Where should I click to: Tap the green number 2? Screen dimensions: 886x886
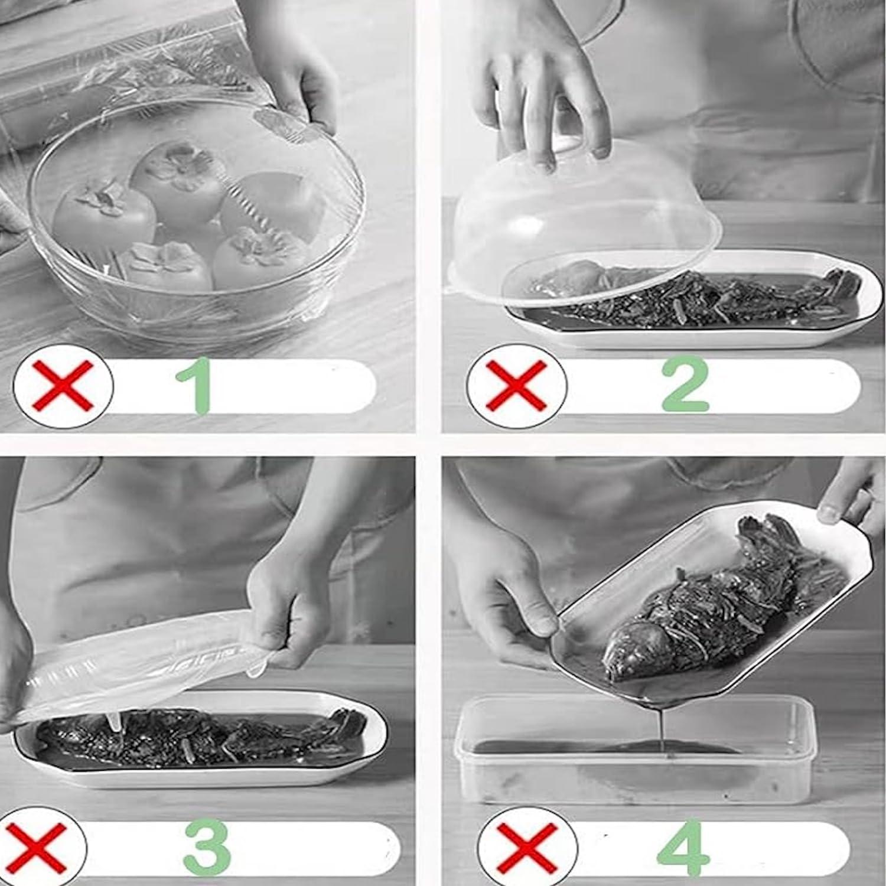[685, 384]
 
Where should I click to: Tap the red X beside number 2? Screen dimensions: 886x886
[516, 385]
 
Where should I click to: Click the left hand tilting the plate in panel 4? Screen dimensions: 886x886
[508, 585]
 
